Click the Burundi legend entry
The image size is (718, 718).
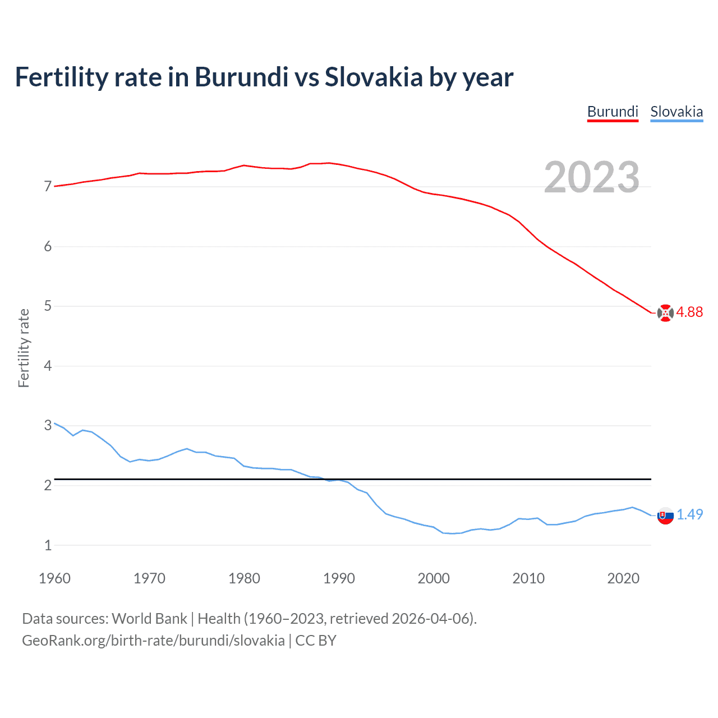613,112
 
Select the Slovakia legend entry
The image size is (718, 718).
676,112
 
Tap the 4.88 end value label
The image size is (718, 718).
689,312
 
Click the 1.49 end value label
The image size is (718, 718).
689,514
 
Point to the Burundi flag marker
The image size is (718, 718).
665,313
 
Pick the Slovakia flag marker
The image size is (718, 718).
665,516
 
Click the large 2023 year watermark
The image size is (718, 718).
592,177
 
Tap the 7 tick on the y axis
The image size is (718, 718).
48,186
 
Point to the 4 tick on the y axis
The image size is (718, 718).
48,366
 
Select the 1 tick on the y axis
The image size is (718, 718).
48,545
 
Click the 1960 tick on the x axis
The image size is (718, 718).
54,578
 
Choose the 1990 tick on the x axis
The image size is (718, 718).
339,578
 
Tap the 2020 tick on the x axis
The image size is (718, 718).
623,578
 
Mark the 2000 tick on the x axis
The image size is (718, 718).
434,578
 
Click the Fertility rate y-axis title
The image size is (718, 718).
24,348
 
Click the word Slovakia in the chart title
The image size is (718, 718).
374,77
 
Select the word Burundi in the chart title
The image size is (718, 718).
242,77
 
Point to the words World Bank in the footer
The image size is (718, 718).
149,619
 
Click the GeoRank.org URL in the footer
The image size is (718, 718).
153,641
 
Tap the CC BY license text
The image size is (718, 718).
316,641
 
